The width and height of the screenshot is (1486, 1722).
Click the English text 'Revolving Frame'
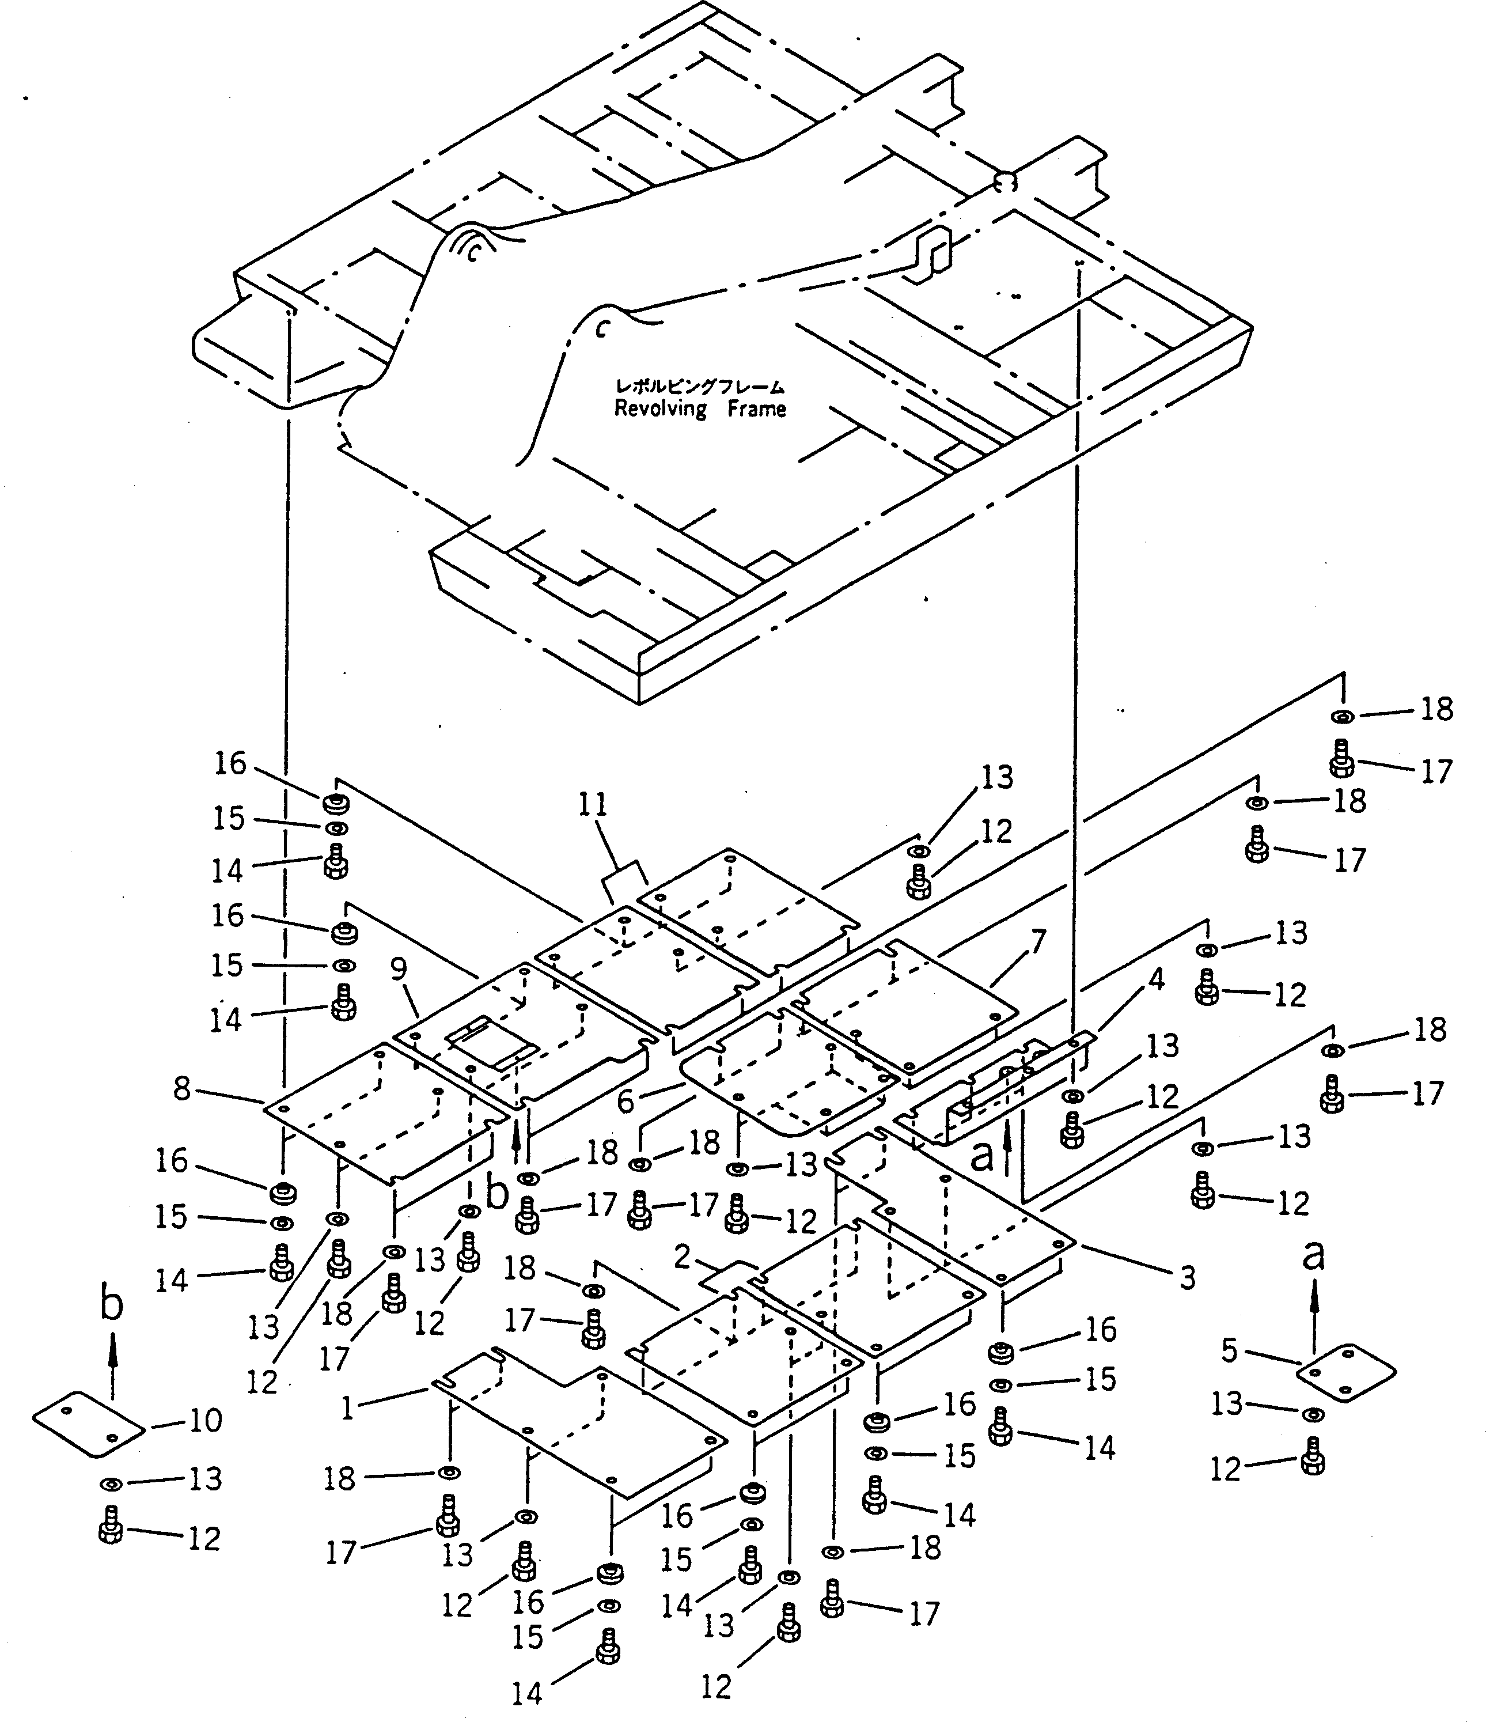(700, 409)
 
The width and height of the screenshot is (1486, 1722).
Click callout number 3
(1188, 1277)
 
